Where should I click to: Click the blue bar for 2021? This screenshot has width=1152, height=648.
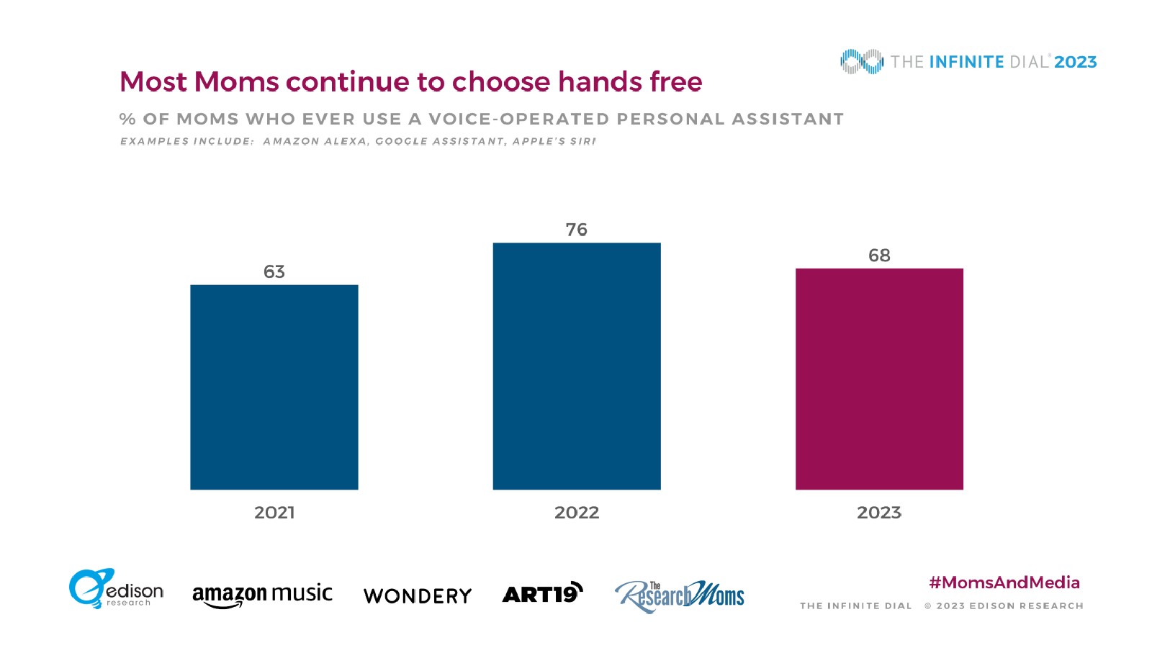[x=274, y=387]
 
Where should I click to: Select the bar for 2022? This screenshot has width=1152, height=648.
[x=576, y=366]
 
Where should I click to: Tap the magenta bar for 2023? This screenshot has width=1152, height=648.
[x=879, y=379]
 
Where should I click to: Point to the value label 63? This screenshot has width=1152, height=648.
[x=274, y=271]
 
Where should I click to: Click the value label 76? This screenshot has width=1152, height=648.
[x=577, y=230]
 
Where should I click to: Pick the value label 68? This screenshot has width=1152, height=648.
[x=879, y=256]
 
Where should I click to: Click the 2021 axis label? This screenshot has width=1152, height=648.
[x=274, y=513]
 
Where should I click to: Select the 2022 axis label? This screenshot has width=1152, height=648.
[x=577, y=513]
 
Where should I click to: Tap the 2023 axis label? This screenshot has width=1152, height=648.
[x=879, y=513]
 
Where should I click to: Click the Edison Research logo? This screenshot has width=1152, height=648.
[x=116, y=590]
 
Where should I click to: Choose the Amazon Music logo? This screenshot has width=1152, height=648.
[x=262, y=595]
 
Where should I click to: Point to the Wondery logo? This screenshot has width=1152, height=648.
[x=418, y=596]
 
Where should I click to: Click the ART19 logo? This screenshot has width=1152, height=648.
[x=542, y=593]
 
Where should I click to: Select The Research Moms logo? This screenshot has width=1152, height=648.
[x=680, y=596]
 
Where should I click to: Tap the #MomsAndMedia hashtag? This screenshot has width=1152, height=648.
[x=1004, y=582]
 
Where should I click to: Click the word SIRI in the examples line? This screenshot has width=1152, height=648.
[x=583, y=141]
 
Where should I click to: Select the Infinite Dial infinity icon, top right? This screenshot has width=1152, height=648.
[x=861, y=62]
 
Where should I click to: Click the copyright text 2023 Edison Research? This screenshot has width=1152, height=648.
[x=1004, y=606]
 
